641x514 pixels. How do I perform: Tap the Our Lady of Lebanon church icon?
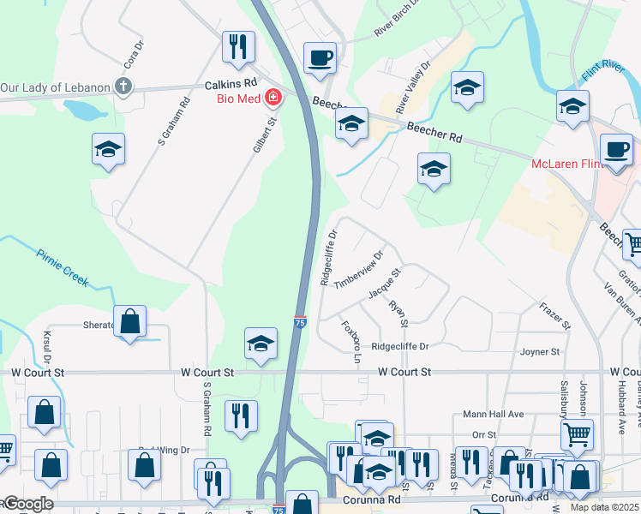tap(124, 87)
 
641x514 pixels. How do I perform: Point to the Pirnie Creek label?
tap(63, 264)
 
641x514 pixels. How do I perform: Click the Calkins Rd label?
tap(231, 84)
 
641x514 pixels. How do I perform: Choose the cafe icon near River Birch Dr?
tap(320, 58)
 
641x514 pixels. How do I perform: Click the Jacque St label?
tap(386, 284)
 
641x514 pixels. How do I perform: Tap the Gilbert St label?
tap(267, 134)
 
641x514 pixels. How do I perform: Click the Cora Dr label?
tap(131, 57)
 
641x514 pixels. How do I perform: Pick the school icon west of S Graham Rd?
tap(109, 149)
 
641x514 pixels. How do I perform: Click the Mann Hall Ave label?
tap(493, 414)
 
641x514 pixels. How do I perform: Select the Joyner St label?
tap(540, 351)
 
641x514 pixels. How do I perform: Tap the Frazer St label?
tap(554, 314)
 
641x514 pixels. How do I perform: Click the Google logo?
tap(27, 504)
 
